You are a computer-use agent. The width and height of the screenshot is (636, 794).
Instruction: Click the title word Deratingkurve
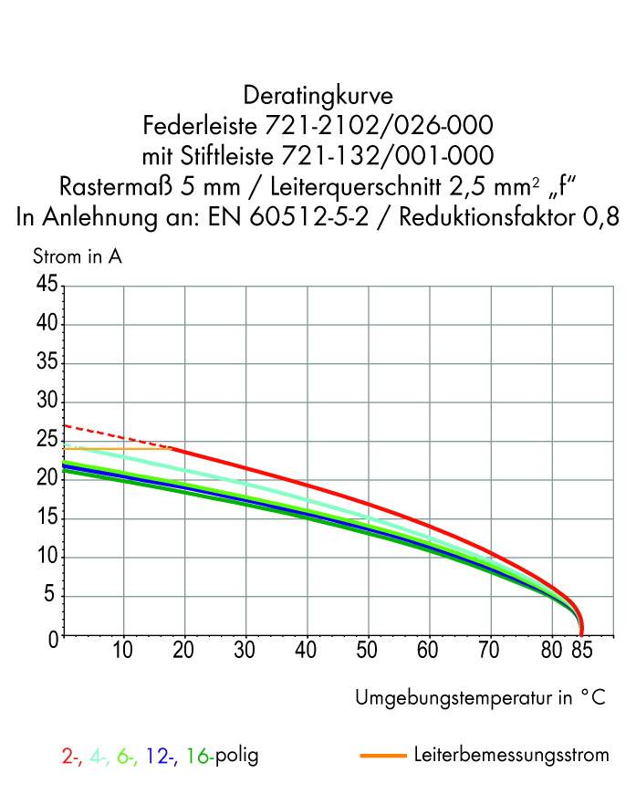pyautogui.click(x=318, y=95)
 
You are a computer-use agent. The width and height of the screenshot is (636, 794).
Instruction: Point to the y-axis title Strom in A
pyautogui.click(x=78, y=256)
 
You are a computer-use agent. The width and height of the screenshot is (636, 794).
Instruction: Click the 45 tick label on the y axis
pyautogui.click(x=47, y=286)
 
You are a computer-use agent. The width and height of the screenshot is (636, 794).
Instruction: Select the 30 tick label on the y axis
pyautogui.click(x=47, y=402)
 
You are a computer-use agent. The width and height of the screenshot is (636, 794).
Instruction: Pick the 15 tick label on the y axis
pyautogui.click(x=47, y=519)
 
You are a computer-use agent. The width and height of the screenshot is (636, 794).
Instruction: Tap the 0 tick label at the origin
pyautogui.click(x=53, y=637)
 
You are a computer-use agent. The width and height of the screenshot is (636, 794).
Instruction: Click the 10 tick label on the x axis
pyautogui.click(x=122, y=652)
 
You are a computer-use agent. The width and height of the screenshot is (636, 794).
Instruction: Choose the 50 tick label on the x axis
pyautogui.click(x=368, y=652)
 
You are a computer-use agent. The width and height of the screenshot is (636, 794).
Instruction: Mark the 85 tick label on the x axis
pyautogui.click(x=583, y=652)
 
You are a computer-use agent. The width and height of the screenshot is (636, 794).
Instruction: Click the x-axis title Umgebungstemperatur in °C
pyautogui.click(x=479, y=698)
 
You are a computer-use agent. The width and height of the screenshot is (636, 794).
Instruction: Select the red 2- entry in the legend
pyautogui.click(x=70, y=757)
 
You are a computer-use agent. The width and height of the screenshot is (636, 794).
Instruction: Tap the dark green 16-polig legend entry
pyautogui.click(x=222, y=757)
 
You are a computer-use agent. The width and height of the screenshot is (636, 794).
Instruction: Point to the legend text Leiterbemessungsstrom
pyautogui.click(x=511, y=756)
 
